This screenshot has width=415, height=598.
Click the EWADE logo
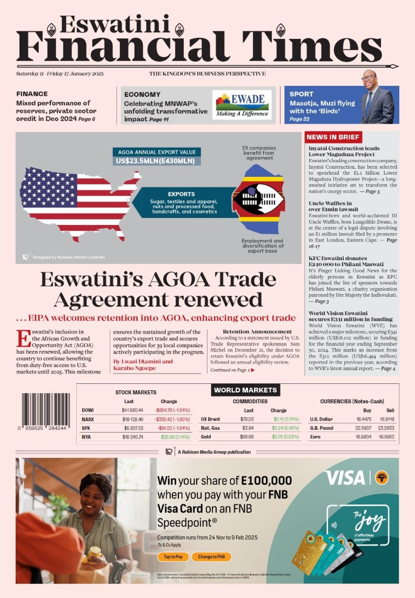[x=241, y=104]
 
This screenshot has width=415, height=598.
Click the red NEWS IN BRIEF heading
[x=333, y=137]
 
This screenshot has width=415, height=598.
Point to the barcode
[x=45, y=409]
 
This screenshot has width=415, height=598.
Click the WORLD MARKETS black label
[x=245, y=390]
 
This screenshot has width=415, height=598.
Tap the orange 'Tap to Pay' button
[x=173, y=556]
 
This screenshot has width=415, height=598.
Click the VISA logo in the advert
[x=345, y=477]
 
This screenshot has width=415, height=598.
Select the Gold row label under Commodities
[x=206, y=436]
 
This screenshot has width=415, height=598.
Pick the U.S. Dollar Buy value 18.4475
[x=363, y=419]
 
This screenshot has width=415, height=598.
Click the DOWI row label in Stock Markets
[x=88, y=410]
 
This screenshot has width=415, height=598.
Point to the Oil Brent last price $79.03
[x=247, y=419]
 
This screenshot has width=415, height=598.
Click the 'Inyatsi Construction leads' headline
[x=344, y=148]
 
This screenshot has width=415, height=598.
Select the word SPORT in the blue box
[x=301, y=94]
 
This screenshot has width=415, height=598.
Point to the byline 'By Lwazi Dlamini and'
[x=143, y=361]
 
